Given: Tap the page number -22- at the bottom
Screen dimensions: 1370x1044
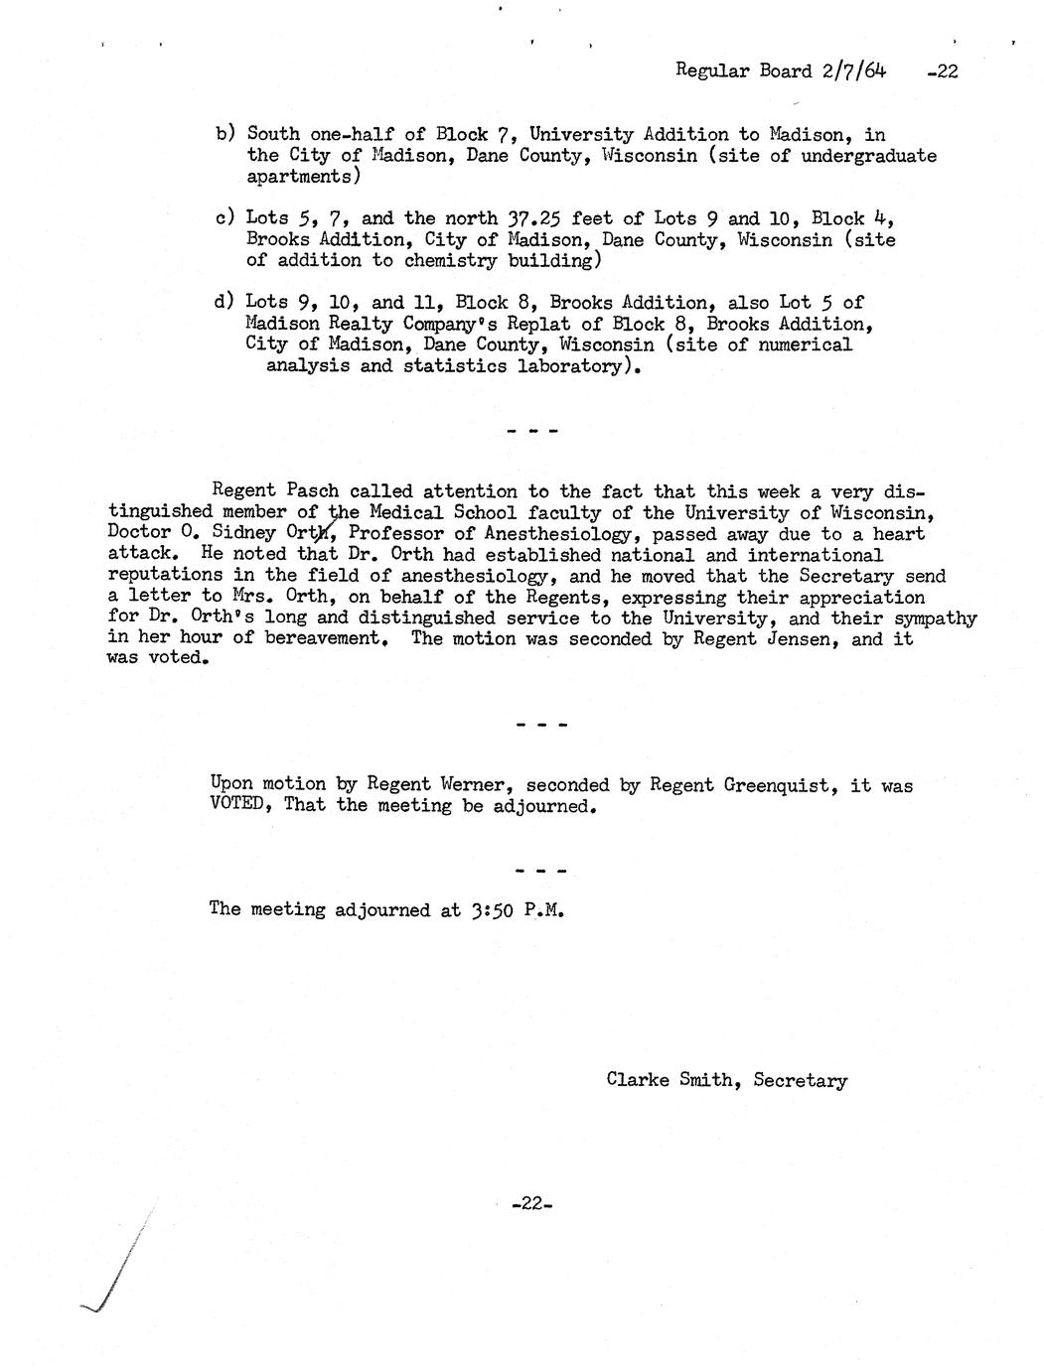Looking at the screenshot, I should [x=530, y=1204].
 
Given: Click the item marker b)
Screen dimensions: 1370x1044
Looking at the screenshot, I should [x=225, y=134].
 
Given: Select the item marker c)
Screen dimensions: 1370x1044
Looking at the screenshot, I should [x=225, y=218].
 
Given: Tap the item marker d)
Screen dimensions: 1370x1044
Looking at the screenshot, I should [x=225, y=302].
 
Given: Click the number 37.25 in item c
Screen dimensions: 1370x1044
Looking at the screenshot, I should [x=528, y=218].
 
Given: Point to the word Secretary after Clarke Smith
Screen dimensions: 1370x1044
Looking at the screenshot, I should [x=801, y=1079].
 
